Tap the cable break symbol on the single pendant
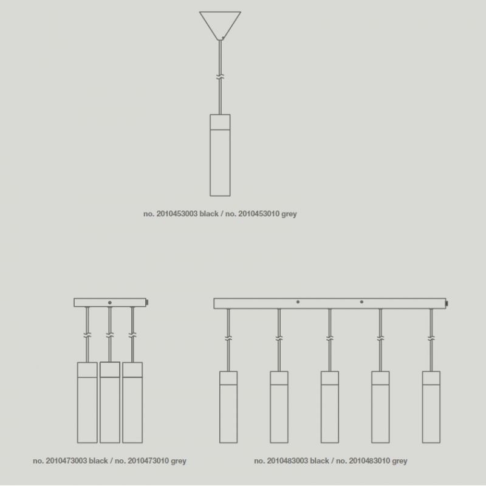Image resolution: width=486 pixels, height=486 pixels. (x=220, y=77)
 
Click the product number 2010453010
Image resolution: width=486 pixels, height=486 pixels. (x=259, y=214)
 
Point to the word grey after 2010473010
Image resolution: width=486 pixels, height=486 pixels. (x=179, y=461)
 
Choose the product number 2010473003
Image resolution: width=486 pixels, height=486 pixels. (x=66, y=461)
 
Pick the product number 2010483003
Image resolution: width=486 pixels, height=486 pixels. (x=287, y=461)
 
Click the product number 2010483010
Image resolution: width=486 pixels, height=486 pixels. (x=369, y=461)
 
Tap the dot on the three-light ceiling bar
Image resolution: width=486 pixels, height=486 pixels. (x=110, y=303)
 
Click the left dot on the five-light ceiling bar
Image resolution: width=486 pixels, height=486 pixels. (x=298, y=302)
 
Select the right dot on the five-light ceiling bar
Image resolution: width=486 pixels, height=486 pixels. (x=361, y=302)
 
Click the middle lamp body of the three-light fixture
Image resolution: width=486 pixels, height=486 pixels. (x=110, y=402)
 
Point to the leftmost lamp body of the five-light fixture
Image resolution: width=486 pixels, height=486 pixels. (x=228, y=407)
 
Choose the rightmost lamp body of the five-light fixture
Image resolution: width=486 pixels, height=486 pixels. (x=431, y=407)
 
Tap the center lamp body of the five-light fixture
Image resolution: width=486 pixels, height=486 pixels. (x=330, y=407)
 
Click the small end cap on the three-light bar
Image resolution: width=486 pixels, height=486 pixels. (x=147, y=302)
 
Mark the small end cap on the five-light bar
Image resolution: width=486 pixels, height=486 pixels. (x=447, y=303)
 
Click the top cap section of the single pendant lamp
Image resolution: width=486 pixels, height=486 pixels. (x=220, y=122)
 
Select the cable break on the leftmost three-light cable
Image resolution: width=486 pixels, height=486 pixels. (x=87, y=335)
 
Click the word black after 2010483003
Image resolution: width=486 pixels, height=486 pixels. (x=320, y=461)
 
